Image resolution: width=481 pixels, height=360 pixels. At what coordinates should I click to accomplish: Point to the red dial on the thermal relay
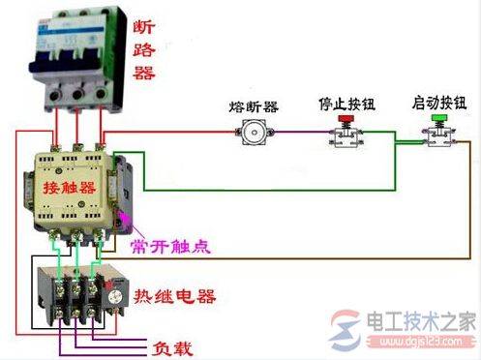point(118,291)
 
